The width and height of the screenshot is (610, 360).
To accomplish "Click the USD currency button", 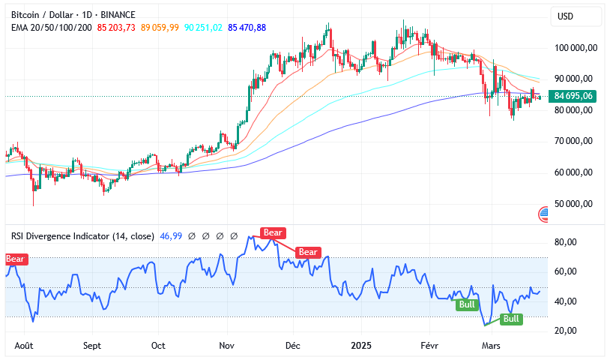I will [x=566, y=16].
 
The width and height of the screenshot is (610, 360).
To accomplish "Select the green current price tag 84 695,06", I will [x=573, y=96].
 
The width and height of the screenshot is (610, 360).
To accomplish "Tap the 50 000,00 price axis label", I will [x=575, y=204].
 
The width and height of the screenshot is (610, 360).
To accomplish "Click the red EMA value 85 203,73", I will [x=116, y=28].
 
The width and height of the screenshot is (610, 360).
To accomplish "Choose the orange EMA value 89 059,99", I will [x=160, y=28].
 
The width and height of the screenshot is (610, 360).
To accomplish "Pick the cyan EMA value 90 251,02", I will [x=203, y=28].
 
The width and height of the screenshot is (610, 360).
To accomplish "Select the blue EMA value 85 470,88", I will [x=247, y=28].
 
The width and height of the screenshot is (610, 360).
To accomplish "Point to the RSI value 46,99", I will [x=172, y=236].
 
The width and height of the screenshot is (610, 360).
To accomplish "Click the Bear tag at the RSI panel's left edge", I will [x=15, y=259].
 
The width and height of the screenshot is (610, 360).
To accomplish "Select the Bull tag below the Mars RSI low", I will [x=511, y=319].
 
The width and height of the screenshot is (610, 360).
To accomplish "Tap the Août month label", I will [x=25, y=346].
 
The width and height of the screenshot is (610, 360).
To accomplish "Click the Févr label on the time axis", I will [x=429, y=346].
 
